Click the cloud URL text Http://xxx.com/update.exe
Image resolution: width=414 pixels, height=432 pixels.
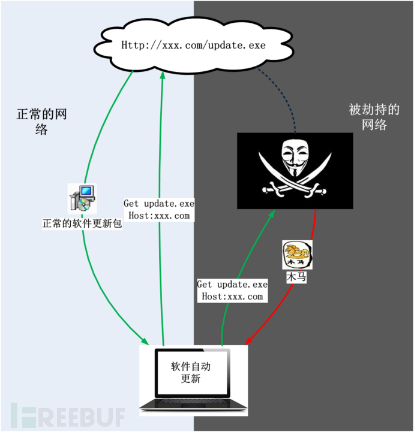click(x=193, y=45)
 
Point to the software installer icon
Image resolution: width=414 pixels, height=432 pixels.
click(x=82, y=198)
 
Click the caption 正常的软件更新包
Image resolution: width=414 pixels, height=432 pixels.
click(x=82, y=225)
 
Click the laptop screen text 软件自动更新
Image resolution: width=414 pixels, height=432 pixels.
click(x=190, y=371)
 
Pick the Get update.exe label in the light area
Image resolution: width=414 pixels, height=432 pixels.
click(x=159, y=210)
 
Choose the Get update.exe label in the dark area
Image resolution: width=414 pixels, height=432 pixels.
click(x=232, y=290)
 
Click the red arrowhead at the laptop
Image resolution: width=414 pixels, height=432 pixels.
click(x=247, y=342)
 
